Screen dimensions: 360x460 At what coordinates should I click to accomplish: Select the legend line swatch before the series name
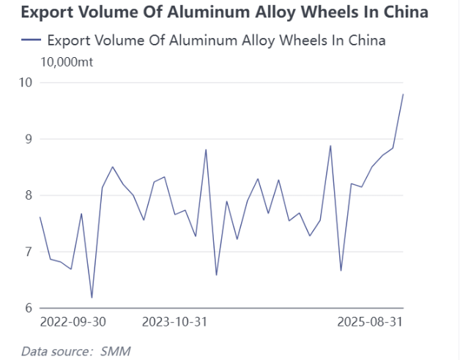[x=31, y=40]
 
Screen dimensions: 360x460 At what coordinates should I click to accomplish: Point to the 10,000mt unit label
[x=67, y=61]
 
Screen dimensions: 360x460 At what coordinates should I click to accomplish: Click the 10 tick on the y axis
[x=26, y=82]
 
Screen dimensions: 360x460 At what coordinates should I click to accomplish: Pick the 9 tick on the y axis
[x=29, y=138]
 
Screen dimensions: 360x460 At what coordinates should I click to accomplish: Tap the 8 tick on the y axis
[x=29, y=195]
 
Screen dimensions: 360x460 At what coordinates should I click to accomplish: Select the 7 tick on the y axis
[x=29, y=252]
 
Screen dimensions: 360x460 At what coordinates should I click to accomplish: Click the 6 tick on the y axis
[x=29, y=308]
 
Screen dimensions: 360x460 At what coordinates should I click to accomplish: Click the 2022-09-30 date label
[x=73, y=322]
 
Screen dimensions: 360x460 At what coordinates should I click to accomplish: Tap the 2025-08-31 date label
[x=370, y=322]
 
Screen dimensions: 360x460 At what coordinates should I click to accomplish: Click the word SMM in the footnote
[x=115, y=350]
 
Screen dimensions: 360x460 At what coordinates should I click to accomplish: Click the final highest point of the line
[x=403, y=94]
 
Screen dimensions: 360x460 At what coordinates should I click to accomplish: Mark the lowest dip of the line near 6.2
[x=92, y=297]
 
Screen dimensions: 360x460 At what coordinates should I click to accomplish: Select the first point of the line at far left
[x=40, y=217]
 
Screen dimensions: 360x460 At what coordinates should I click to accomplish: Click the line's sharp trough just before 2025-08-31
[x=341, y=271]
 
